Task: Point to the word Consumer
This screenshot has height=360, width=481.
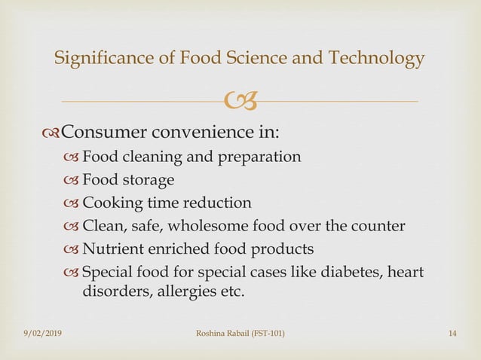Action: point(106,133)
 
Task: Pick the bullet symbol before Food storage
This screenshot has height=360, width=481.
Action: point(71,181)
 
